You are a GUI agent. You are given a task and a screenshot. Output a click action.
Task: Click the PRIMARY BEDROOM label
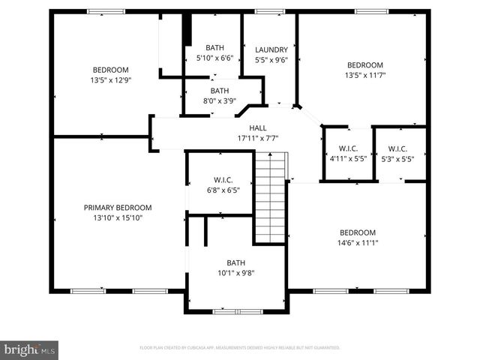tap(118, 208)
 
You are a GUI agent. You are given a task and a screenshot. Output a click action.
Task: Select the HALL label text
tap(258, 128)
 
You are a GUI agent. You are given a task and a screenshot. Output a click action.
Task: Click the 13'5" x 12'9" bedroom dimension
tap(110, 79)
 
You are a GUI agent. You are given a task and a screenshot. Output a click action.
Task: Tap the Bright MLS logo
tap(30, 349)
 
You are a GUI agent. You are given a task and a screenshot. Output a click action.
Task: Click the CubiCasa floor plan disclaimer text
tap(240, 348)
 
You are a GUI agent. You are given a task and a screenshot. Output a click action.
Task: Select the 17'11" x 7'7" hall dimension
tap(258, 138)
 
